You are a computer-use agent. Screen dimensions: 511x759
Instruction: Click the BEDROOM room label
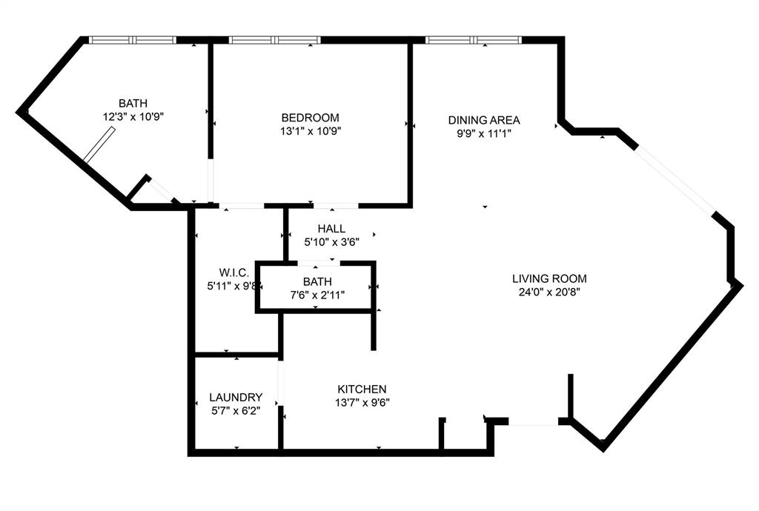coord(310,118)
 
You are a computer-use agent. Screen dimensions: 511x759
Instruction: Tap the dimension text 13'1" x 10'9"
coord(310,131)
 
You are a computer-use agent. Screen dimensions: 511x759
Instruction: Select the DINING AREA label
coord(484,120)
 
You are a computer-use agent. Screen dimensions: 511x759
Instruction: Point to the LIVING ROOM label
coord(549,279)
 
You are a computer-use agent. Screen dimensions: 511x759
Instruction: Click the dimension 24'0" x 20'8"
coord(549,292)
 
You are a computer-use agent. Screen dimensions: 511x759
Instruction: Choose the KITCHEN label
coord(362,390)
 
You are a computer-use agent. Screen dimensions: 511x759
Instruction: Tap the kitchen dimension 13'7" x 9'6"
coord(362,403)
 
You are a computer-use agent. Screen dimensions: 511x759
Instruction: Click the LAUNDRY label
coord(236,397)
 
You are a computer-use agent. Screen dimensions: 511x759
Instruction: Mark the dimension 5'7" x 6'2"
coord(236,410)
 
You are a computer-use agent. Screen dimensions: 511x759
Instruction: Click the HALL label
coord(331,229)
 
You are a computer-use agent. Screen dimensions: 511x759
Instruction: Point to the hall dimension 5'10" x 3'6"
coord(331,241)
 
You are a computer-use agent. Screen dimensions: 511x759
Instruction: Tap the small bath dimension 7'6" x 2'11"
coord(317,295)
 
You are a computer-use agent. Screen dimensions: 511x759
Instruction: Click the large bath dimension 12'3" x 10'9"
coord(133,116)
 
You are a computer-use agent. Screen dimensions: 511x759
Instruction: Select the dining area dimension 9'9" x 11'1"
coord(484,133)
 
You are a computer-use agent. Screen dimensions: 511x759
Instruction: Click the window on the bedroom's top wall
coord(274,40)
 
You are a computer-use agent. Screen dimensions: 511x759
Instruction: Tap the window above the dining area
coord(473,40)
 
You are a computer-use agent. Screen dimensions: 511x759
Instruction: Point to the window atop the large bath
coord(132,40)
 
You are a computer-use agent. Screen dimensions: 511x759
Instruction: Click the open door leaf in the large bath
coord(99,144)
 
